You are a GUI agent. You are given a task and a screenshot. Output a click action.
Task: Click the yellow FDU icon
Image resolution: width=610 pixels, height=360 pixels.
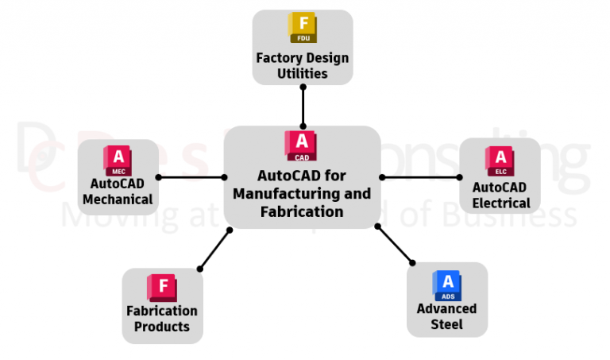point(303,29)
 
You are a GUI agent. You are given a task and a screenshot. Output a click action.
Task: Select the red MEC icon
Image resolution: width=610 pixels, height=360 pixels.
point(118,161)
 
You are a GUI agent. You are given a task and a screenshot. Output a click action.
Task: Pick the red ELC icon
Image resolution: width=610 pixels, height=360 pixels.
point(500,161)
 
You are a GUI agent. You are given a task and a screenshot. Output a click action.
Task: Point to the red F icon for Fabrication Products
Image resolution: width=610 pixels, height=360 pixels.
point(162,288)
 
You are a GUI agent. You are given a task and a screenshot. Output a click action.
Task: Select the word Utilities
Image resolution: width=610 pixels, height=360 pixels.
point(303,73)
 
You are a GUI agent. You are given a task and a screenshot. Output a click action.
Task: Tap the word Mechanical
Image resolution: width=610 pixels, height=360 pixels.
point(118,199)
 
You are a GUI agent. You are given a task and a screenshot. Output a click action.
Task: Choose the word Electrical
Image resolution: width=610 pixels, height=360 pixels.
point(500,203)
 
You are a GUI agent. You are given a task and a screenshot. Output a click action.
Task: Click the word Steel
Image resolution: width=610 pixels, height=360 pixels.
point(447,324)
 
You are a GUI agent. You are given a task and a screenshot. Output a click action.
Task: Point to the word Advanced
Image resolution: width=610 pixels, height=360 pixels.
point(447,308)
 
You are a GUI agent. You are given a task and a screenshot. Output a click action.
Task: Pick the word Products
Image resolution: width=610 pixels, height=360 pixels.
point(162,327)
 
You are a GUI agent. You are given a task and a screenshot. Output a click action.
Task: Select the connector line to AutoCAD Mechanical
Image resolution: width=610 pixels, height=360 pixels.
point(191,177)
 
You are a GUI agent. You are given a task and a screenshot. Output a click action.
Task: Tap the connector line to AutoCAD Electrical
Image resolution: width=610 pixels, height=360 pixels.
point(421,177)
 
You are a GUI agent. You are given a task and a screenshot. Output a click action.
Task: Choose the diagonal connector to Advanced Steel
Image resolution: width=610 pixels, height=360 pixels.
point(395,244)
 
